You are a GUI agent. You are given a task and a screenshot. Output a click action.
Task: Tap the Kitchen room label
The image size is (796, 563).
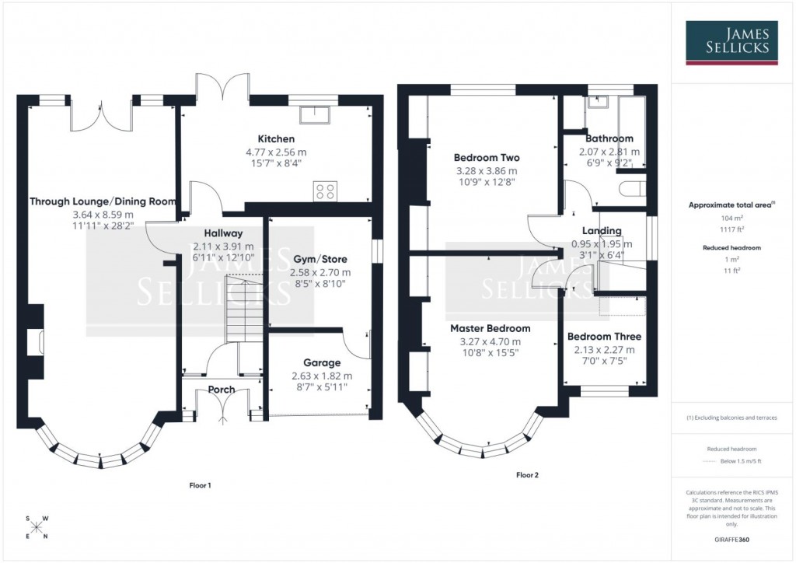pos(277,139)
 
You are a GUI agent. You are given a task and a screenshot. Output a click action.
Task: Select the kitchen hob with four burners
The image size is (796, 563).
pos(325,191)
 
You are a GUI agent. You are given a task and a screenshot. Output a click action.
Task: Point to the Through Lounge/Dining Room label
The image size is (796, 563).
pos(103,201)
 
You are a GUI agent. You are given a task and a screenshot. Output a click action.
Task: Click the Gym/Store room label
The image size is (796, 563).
pos(320,259)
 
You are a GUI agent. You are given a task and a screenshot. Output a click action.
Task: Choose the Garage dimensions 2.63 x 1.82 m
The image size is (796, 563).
pos(320,376)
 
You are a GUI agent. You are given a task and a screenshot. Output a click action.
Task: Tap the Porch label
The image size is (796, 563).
pos(222,390)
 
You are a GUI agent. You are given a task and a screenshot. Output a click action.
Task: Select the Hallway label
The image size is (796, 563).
pos(223,233)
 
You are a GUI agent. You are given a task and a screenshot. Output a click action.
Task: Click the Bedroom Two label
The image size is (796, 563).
pos(487,158)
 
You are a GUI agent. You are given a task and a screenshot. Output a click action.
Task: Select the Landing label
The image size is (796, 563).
pos(602,231)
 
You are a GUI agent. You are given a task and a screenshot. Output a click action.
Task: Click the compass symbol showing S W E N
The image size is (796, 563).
pos(36,527)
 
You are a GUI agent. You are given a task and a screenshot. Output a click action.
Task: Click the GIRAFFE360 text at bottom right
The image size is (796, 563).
pos(731,539)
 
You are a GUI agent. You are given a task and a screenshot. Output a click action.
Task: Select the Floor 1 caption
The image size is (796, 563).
pos(201,485)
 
